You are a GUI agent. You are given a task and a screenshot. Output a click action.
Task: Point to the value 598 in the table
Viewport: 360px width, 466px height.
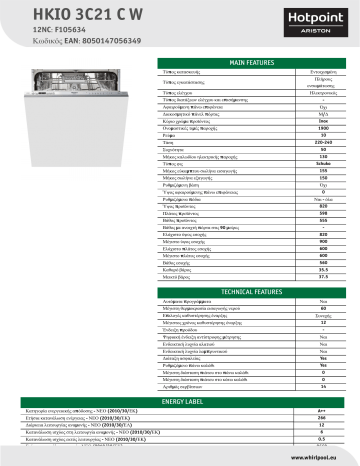coord(323,214)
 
